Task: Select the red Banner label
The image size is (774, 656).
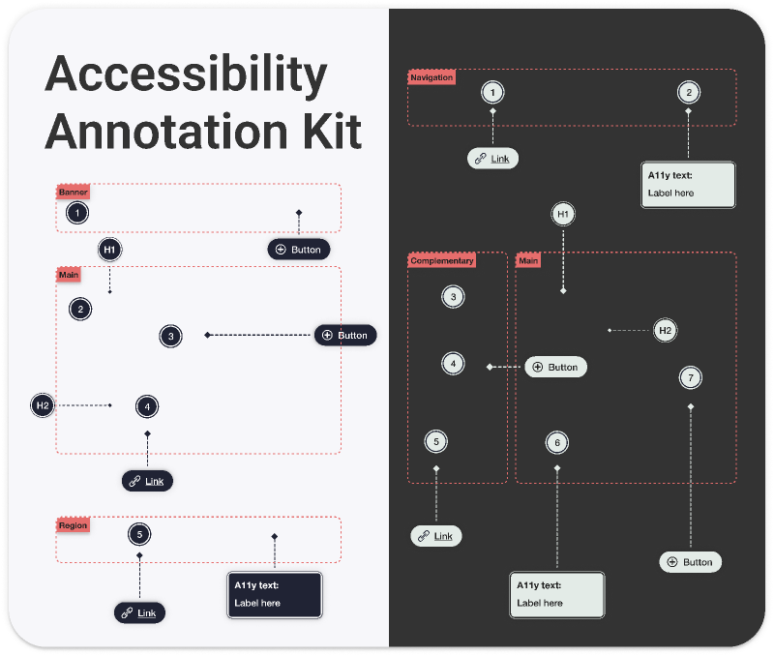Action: [x=74, y=193]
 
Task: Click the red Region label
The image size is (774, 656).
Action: [x=74, y=525]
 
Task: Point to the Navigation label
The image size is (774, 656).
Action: [x=432, y=76]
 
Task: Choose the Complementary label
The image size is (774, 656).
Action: [x=442, y=260]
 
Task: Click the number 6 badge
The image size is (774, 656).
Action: [x=556, y=443]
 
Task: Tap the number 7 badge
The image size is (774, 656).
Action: [x=690, y=378]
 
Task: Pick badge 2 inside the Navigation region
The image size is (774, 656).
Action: [x=688, y=93]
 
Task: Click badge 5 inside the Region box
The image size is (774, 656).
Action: [x=139, y=534]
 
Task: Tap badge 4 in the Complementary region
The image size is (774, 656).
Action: [x=453, y=364]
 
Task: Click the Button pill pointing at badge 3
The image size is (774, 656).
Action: [x=344, y=335]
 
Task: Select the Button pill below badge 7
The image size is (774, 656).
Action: [x=691, y=561]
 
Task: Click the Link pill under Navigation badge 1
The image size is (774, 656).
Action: [x=492, y=159]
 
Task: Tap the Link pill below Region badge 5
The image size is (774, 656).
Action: [x=140, y=612]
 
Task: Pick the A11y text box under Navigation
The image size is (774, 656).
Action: [x=688, y=184]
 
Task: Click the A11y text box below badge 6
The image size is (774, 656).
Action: [x=556, y=594]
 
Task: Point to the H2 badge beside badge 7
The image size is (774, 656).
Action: [x=665, y=330]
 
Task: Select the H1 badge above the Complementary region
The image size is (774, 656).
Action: [x=563, y=213]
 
